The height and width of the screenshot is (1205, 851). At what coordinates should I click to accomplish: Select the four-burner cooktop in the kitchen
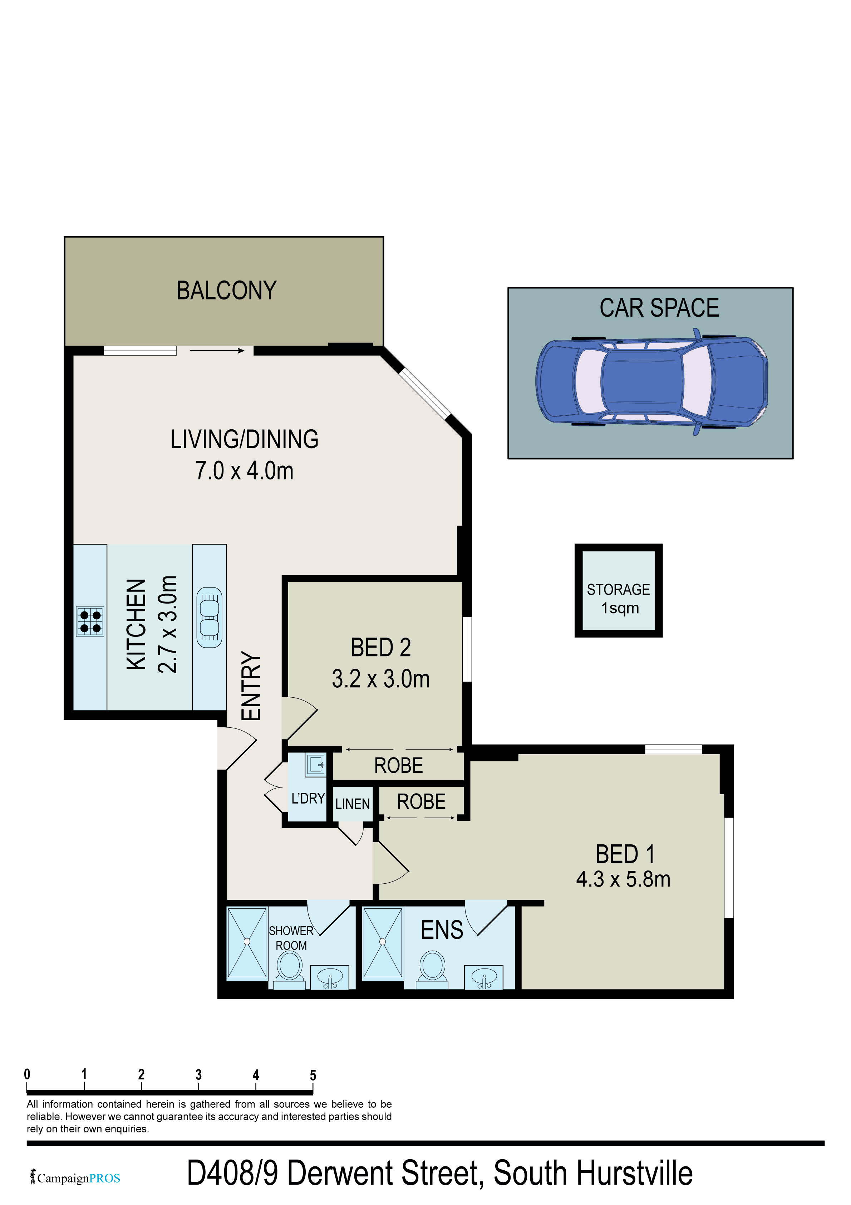click(x=90, y=621)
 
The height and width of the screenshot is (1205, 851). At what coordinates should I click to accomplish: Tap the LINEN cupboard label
click(x=353, y=804)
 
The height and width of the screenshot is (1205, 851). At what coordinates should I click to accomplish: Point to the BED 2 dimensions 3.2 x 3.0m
click(x=381, y=679)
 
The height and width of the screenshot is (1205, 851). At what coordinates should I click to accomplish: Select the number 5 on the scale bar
click(x=313, y=1075)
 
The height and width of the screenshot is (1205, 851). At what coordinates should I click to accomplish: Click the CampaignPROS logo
click(x=75, y=1178)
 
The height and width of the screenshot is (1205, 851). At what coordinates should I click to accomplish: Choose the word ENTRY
click(x=251, y=686)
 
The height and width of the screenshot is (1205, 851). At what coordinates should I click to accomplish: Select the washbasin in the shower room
click(x=329, y=977)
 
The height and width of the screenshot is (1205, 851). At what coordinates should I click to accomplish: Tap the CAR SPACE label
click(x=659, y=308)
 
